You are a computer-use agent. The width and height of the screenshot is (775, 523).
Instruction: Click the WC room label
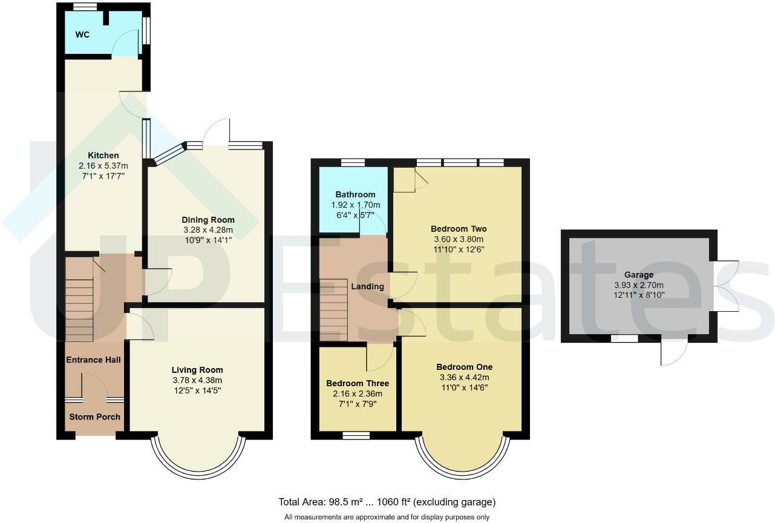[82, 35]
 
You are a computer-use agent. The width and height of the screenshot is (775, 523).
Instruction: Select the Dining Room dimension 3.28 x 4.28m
[208, 230]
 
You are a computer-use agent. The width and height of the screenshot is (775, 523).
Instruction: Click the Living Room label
[197, 370]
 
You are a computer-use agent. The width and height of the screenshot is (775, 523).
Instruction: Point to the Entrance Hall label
[93, 360]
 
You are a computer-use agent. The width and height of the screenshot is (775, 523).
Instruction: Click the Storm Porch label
[94, 416]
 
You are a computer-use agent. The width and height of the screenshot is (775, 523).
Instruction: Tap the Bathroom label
[355, 195]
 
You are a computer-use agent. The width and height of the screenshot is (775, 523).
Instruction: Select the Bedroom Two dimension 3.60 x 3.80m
[459, 239]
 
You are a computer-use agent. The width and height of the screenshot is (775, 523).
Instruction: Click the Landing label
[368, 286]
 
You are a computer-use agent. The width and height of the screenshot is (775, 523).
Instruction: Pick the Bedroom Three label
[358, 383]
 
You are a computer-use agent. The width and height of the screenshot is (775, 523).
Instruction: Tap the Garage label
[639, 275]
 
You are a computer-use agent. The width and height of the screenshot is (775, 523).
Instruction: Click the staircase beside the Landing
[333, 309]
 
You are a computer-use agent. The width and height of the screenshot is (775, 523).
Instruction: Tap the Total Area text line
[387, 502]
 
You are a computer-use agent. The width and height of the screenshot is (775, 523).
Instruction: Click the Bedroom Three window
[356, 435]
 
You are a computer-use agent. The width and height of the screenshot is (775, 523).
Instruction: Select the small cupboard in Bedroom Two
[404, 180]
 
